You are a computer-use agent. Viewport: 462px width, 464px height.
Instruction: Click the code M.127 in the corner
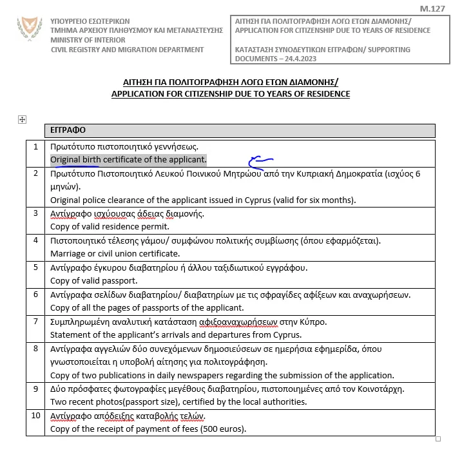[x=432, y=9]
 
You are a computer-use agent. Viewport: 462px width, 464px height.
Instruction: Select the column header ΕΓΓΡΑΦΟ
[x=68, y=130]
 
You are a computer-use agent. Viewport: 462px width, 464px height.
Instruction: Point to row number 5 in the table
[x=36, y=267]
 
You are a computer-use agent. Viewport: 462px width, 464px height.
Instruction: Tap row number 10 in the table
[x=36, y=416]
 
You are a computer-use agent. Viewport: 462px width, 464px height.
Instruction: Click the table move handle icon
[x=22, y=119]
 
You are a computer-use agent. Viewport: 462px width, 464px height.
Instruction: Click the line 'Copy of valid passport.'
[x=93, y=280]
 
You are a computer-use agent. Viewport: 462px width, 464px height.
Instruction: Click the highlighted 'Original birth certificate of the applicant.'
[x=128, y=159]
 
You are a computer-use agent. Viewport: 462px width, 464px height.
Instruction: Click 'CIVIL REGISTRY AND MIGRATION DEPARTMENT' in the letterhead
[x=127, y=50]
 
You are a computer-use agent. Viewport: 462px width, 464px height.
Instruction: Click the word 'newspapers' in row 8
[x=227, y=375]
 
